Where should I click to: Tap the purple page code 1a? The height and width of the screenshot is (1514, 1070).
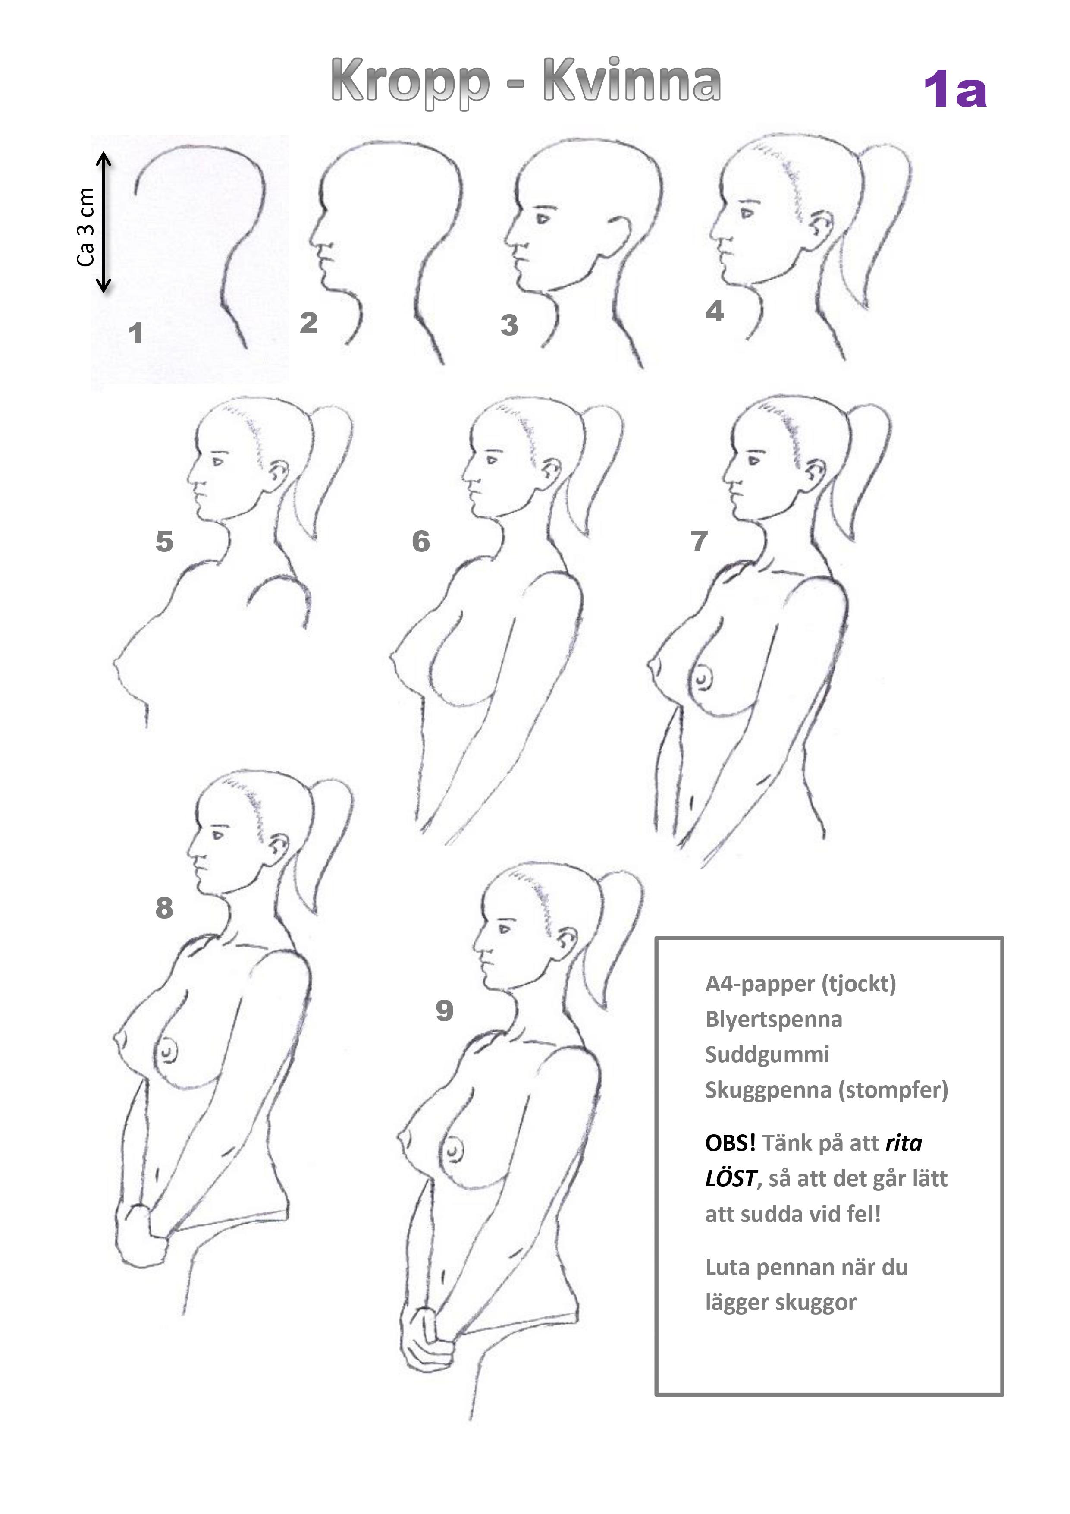tap(954, 90)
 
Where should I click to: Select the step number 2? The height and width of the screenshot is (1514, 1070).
tap(308, 323)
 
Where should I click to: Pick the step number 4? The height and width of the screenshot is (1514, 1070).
tap(715, 311)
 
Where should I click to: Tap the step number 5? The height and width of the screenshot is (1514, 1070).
tap(164, 541)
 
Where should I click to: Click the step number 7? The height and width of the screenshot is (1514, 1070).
tap(699, 541)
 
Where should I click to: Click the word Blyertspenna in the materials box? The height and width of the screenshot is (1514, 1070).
tap(773, 1020)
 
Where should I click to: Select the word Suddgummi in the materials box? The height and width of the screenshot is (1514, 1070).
tap(767, 1055)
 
